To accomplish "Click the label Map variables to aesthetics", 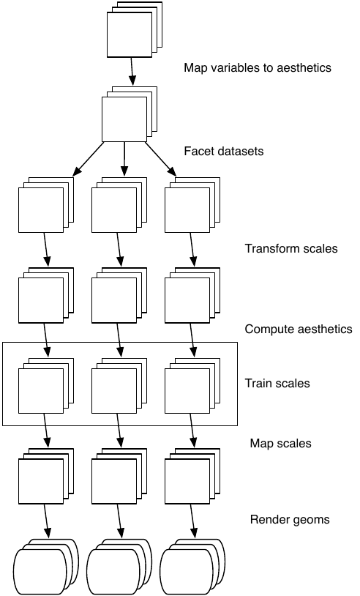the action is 258,68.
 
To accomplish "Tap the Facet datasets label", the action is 224,152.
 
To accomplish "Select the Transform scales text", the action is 291,249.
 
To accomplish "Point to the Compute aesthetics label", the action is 299,329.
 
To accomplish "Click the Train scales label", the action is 277,383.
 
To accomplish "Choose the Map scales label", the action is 281,444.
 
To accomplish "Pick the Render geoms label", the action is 290,520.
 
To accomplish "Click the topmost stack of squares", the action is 135,29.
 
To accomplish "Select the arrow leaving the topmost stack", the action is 132,72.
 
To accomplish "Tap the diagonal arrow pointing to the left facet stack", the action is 88,160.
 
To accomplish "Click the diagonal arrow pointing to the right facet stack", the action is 161,160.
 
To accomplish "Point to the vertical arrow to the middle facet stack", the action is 124,160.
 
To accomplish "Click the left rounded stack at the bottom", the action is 46,567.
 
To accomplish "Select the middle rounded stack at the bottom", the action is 119,567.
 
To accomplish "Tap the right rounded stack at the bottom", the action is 192,567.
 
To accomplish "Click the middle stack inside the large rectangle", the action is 119,386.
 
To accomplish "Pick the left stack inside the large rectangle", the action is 46,386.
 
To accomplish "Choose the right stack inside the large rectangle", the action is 192,386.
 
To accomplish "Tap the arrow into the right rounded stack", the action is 192,521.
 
